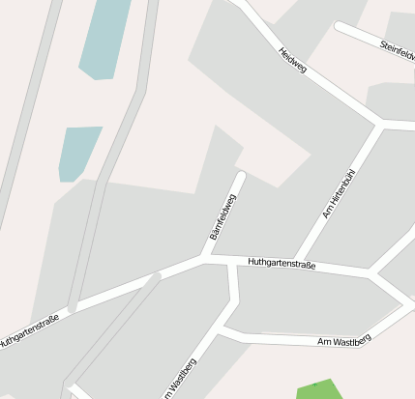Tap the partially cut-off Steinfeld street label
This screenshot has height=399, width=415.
point(397,48)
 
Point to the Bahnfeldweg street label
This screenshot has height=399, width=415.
point(222,216)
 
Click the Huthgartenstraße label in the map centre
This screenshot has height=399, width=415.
point(281,263)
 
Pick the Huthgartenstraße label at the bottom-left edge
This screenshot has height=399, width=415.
point(29,331)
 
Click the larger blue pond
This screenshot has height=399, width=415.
point(104,39)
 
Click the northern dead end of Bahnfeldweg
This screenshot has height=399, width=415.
point(240,176)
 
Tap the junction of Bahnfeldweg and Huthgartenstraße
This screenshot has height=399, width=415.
point(205,257)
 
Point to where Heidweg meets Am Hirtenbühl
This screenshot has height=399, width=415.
point(378,124)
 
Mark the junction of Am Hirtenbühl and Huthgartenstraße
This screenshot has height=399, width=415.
point(296,262)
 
